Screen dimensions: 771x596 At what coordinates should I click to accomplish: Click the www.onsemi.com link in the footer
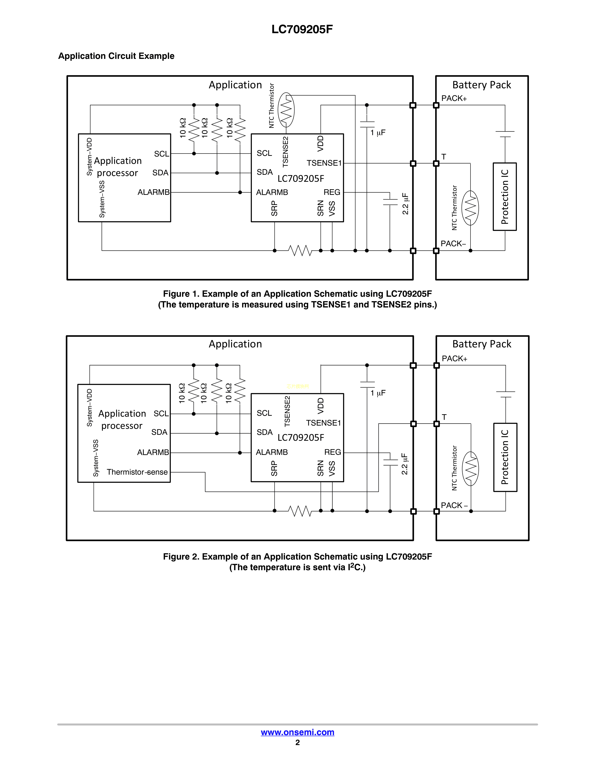tap(297, 732)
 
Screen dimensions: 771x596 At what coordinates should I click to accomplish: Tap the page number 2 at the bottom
tap(298, 742)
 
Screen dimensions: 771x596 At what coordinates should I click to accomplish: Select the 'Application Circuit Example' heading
tap(116, 56)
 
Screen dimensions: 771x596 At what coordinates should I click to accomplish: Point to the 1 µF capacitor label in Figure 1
tap(378, 133)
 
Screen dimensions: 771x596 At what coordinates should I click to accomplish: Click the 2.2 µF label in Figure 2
tap(405, 464)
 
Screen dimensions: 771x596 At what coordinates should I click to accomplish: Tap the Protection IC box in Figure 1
tap(505, 197)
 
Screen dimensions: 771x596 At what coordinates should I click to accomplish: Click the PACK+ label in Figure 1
tap(454, 99)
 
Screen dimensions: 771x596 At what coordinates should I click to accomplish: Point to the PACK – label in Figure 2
tap(454, 505)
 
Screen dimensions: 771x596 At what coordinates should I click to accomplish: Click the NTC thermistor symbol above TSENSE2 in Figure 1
tap(286, 110)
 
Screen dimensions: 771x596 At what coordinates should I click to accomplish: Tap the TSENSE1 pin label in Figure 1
tap(324, 163)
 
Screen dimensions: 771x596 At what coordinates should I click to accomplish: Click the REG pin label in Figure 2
tap(333, 452)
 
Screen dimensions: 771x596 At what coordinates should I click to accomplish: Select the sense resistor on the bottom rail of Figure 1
tap(300, 251)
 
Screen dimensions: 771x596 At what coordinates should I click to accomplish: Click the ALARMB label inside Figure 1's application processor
tap(153, 192)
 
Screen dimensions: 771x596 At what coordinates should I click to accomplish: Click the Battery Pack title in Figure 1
tap(482, 85)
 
